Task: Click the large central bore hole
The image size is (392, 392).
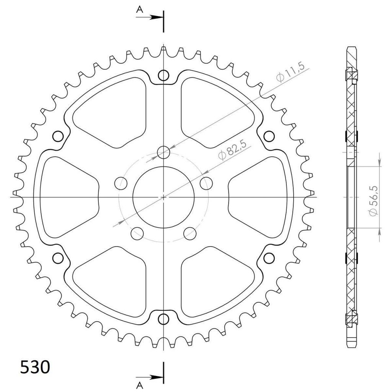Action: coord(163,197)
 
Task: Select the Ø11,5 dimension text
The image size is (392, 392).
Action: coord(291,72)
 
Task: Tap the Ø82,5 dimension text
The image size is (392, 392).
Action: coord(233,149)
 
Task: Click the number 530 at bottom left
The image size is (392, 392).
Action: coord(35,367)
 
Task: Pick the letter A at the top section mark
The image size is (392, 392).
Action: coord(140,10)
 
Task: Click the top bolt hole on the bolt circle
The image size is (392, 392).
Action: coord(163,152)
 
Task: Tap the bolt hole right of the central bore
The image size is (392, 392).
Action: coord(206,183)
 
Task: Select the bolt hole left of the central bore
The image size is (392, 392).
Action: coord(121,183)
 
